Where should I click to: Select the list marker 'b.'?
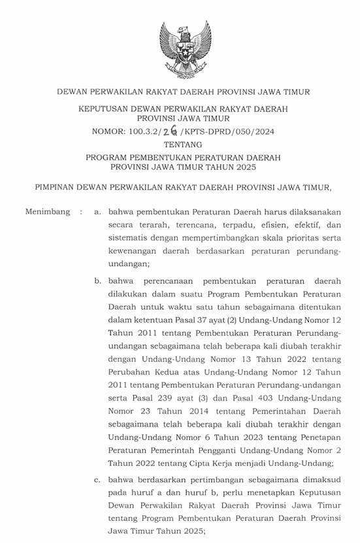tap(97, 281)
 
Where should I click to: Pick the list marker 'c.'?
tap(97, 480)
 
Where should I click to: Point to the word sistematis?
tap(129, 238)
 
